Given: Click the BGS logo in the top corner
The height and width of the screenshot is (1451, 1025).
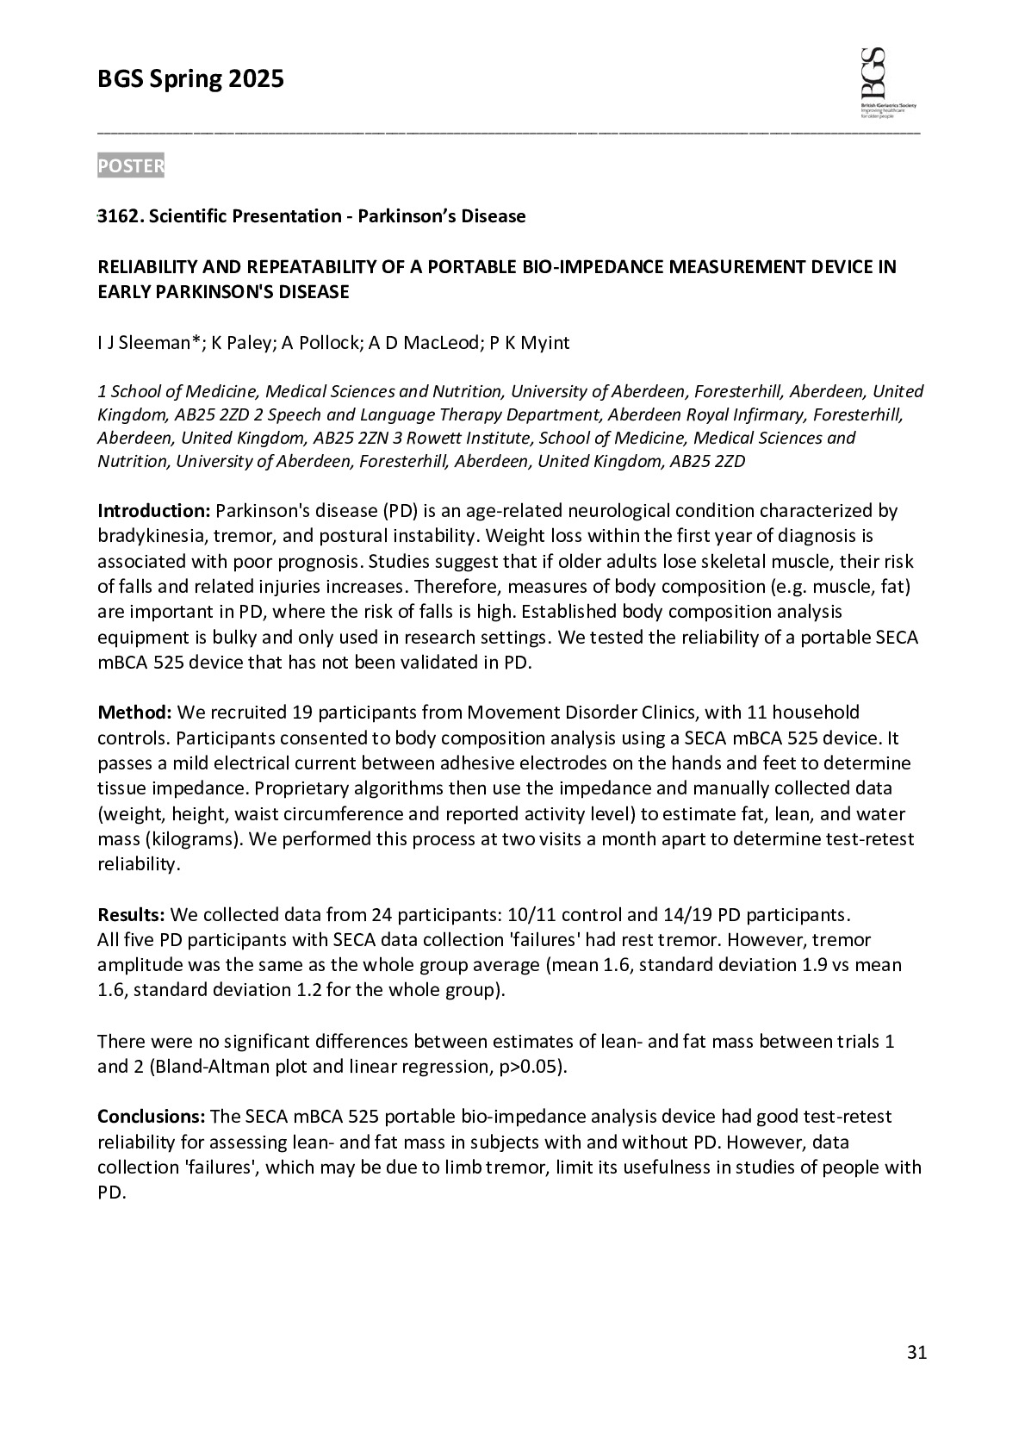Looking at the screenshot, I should coord(886,84).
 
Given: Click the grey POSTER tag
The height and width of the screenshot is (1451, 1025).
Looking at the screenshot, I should coord(130,166).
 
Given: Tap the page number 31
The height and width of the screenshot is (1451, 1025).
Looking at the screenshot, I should coord(916,1353).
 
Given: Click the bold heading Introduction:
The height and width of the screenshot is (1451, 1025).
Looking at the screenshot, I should coord(153,511).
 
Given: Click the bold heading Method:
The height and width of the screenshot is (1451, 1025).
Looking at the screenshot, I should coord(135,713).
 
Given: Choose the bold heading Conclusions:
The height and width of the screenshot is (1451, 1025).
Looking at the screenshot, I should coord(151,1117).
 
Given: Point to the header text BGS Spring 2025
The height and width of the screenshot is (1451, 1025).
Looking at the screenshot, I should coord(190,80).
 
